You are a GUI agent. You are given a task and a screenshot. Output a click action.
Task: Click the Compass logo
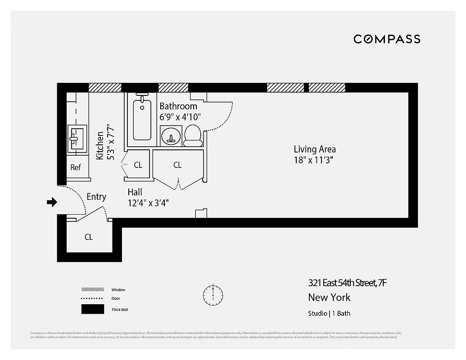[x=387, y=39]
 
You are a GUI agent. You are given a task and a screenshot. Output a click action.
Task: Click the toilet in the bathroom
[x=193, y=135]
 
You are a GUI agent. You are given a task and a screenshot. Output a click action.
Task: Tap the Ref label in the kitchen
[x=76, y=167]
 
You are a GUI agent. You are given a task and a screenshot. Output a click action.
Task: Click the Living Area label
[x=315, y=149]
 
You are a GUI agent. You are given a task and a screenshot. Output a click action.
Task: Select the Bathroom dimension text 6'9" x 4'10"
[x=180, y=117]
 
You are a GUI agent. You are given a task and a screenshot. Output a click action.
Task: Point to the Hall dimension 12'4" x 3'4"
[x=148, y=202]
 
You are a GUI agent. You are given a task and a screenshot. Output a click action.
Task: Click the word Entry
[x=96, y=197]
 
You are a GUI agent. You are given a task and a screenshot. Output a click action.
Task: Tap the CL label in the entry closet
[x=89, y=237]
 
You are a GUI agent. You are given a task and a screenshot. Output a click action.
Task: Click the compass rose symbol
[x=213, y=294]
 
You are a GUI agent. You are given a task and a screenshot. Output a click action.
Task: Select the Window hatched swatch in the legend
[x=92, y=289]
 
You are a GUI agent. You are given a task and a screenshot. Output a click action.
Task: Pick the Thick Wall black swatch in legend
[x=92, y=310]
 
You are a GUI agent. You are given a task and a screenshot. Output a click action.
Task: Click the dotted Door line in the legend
[x=92, y=298]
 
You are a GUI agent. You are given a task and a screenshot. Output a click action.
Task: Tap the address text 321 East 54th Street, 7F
[x=347, y=283]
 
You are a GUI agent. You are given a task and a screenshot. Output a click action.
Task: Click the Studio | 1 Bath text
[x=329, y=313]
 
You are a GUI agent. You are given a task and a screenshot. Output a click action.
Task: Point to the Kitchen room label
[x=100, y=145]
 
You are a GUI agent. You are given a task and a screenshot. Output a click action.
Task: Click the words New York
[x=329, y=297]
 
